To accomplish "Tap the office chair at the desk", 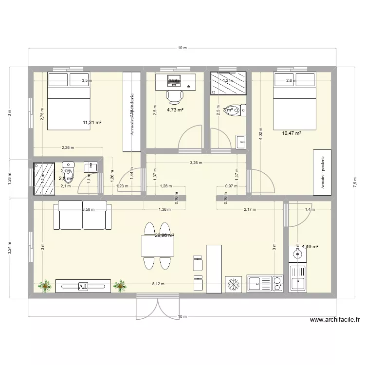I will click(x=173, y=96).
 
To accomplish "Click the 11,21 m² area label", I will click(x=92, y=123).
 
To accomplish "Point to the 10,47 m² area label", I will click(x=292, y=132).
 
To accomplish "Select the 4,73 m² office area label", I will click(x=175, y=110).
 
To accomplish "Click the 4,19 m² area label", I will click(x=310, y=246).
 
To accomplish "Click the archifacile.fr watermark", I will click(x=334, y=320).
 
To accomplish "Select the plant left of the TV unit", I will click(x=46, y=286).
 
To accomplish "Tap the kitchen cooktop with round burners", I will click(x=277, y=284).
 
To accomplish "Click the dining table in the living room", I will click(x=158, y=246).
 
